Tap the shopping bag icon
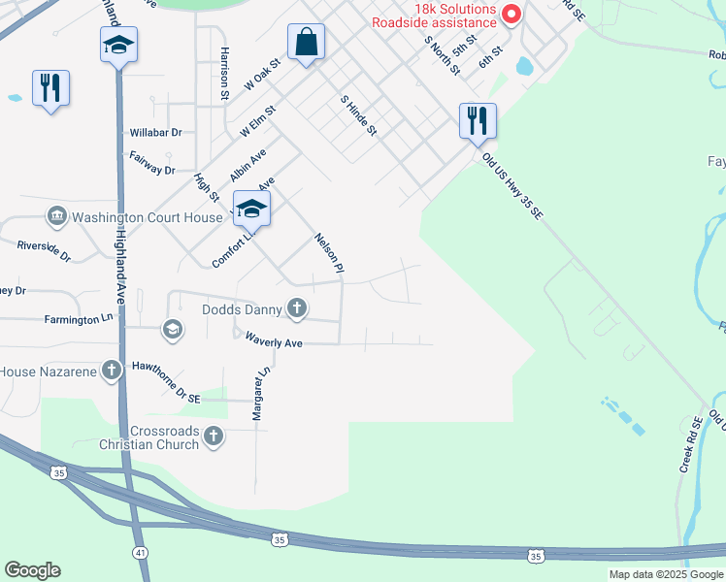click(306, 44)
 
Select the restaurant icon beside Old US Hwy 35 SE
click(478, 122)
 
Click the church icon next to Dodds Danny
click(297, 310)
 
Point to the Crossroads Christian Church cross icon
click(214, 437)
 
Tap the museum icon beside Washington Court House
click(57, 217)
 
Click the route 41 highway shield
click(141, 552)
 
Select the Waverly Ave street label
click(274, 342)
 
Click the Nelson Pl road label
click(330, 252)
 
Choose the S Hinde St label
click(358, 114)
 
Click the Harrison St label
click(224, 74)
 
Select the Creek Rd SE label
click(691, 445)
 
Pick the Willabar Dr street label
click(155, 133)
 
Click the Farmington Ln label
click(79, 319)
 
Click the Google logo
click(32, 570)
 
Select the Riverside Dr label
click(44, 252)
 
